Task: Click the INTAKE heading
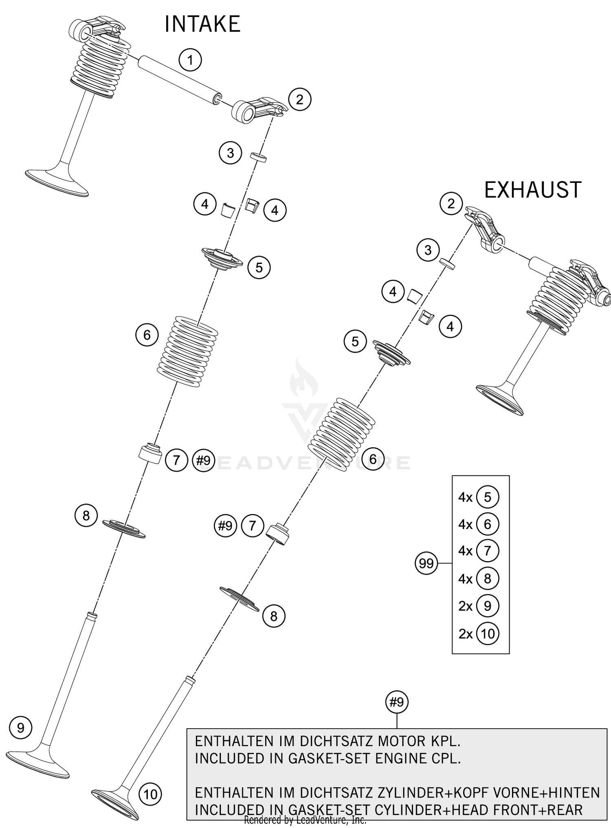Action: (x=202, y=24)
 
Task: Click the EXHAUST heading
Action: (x=532, y=190)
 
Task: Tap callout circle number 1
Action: (x=190, y=61)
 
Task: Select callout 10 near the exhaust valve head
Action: (x=150, y=794)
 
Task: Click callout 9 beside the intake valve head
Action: (x=21, y=728)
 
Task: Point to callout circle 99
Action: (x=426, y=564)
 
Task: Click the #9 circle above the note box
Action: (x=396, y=702)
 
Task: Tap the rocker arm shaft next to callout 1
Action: (x=179, y=81)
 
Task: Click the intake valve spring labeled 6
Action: (x=188, y=351)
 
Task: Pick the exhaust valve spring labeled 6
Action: (x=341, y=435)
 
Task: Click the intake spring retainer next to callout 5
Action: (x=222, y=259)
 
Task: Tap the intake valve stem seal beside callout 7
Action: (x=150, y=454)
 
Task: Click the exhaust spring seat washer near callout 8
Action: (x=240, y=599)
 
